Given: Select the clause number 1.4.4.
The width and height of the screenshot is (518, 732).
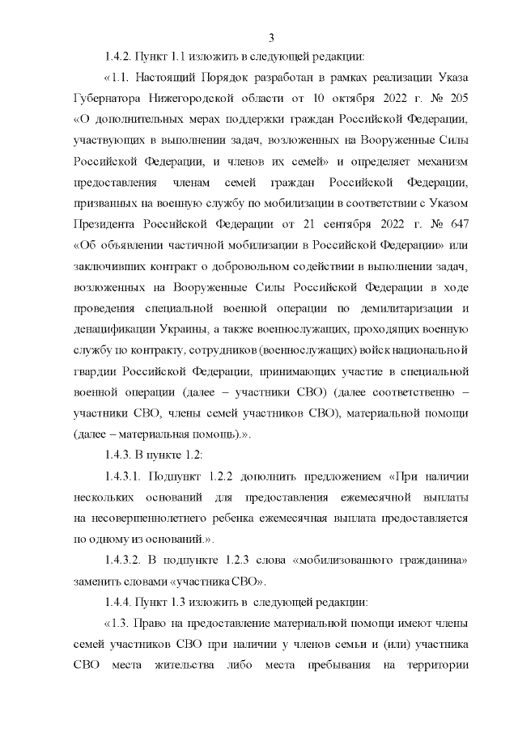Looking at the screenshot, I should tap(117, 603).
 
